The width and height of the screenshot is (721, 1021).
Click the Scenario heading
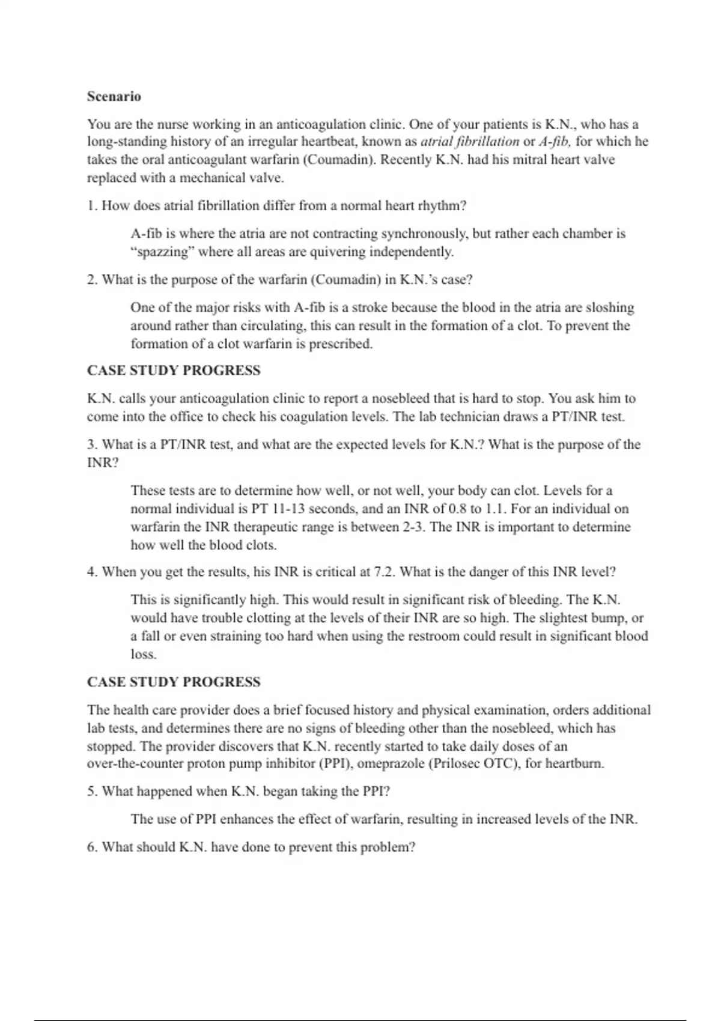pos(114,97)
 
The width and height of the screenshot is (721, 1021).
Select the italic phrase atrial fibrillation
pos(470,142)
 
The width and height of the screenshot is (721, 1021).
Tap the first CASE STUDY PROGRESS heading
pos(174,371)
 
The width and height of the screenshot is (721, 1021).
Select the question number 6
pos(92,847)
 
